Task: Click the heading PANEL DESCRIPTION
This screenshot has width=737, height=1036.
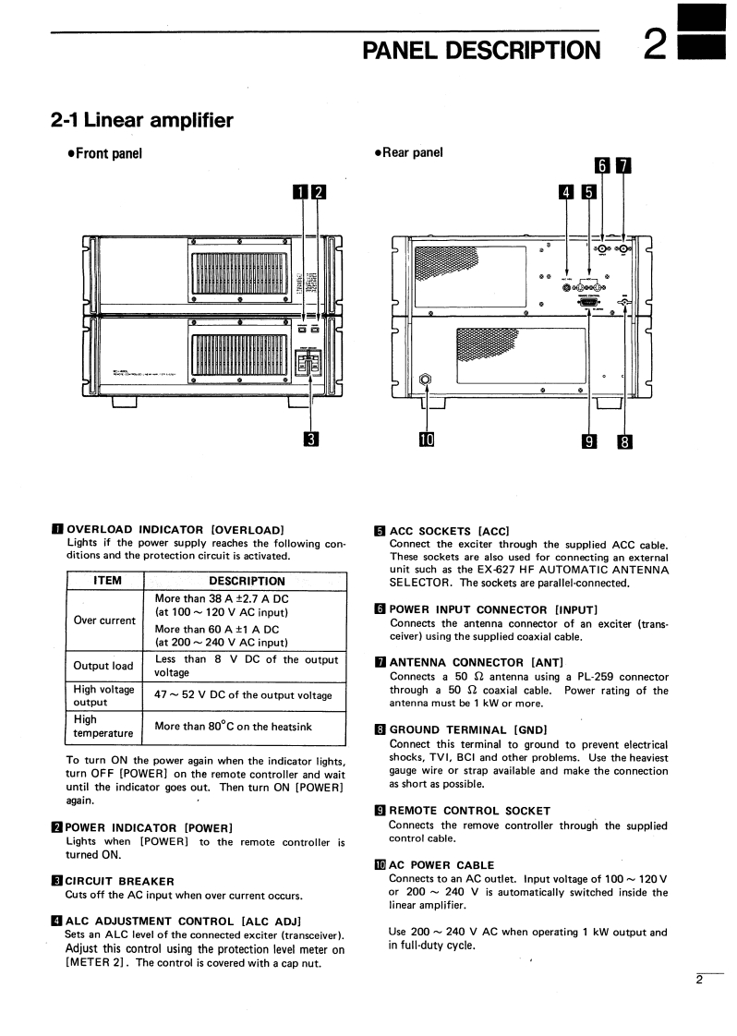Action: tap(480, 48)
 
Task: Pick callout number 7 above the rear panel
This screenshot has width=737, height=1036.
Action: tap(624, 166)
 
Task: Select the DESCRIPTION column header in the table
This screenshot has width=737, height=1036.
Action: tap(247, 581)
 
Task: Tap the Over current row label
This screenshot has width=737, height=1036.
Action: tap(104, 620)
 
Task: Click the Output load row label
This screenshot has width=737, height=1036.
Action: tap(103, 666)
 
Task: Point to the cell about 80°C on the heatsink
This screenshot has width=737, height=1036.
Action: tap(234, 727)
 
